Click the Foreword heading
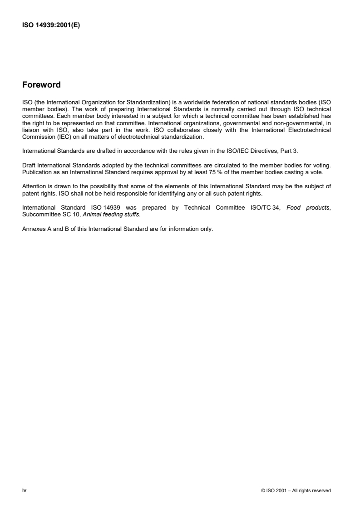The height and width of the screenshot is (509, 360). click(41, 85)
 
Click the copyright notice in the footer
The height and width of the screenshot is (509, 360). click(296, 490)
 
